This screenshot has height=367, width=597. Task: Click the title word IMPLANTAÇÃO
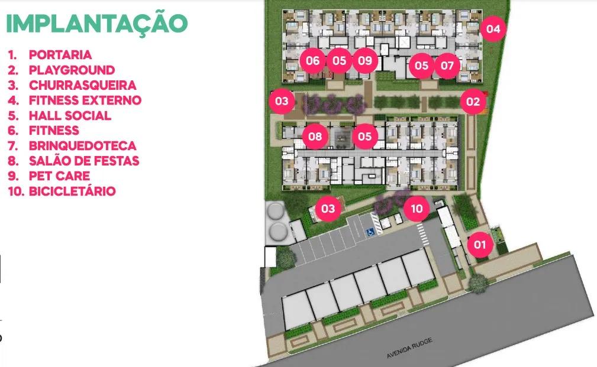(x=96, y=24)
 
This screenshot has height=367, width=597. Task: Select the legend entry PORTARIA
(x=60, y=55)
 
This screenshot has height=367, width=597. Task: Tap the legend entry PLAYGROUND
(x=72, y=70)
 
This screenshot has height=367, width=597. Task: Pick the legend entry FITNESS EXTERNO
(x=85, y=100)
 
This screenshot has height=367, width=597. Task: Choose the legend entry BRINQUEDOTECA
(x=82, y=145)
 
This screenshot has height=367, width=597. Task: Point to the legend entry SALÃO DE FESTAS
(x=84, y=161)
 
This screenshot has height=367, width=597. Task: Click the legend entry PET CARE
(x=59, y=176)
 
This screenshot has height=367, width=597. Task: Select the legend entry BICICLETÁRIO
(x=72, y=191)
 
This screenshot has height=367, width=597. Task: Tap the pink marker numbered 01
(x=480, y=244)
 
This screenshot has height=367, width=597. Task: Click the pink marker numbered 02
(x=472, y=102)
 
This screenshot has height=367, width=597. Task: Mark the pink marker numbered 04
(x=493, y=28)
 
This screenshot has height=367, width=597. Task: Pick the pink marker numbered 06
(x=313, y=60)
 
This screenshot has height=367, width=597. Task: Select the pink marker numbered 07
(x=447, y=65)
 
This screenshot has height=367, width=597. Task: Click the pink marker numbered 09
(x=365, y=60)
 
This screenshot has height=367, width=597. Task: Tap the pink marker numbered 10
(x=417, y=209)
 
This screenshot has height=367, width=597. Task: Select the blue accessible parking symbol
(x=371, y=232)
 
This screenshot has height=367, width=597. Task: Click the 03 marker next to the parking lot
(x=328, y=208)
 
